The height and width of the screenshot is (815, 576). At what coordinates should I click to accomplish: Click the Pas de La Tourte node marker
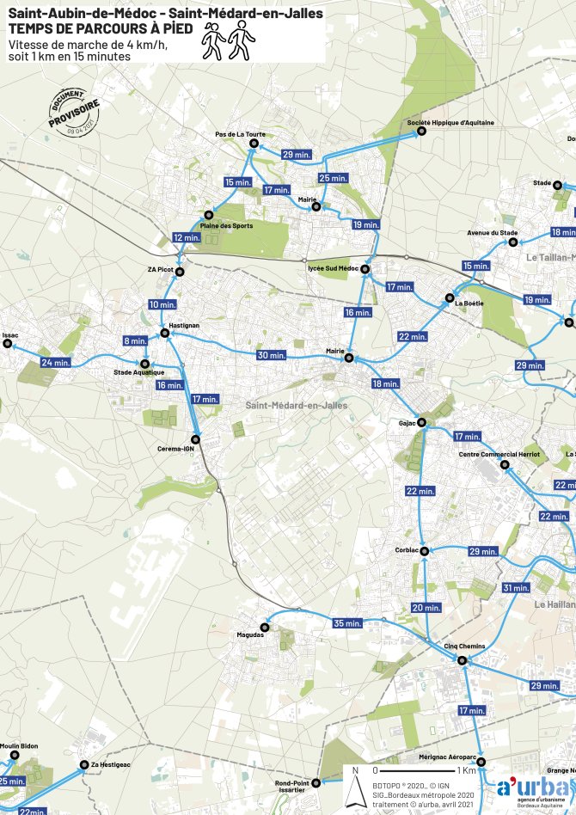point(253,144)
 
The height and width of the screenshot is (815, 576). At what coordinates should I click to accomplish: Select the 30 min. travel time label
point(272,355)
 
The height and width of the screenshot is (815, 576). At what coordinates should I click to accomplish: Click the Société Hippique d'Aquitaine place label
point(450,123)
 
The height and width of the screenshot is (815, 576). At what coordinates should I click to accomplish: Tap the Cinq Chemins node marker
point(462,660)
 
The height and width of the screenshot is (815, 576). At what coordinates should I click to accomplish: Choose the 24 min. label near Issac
point(55,363)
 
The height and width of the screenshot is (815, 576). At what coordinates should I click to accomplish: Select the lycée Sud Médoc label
point(333,269)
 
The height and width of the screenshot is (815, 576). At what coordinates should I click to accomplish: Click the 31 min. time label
point(516,588)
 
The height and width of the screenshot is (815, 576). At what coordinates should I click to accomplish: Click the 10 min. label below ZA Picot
point(162,304)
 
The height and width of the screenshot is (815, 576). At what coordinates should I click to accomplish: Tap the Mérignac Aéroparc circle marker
point(481,763)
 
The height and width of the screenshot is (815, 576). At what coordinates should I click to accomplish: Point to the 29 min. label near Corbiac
point(483,551)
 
